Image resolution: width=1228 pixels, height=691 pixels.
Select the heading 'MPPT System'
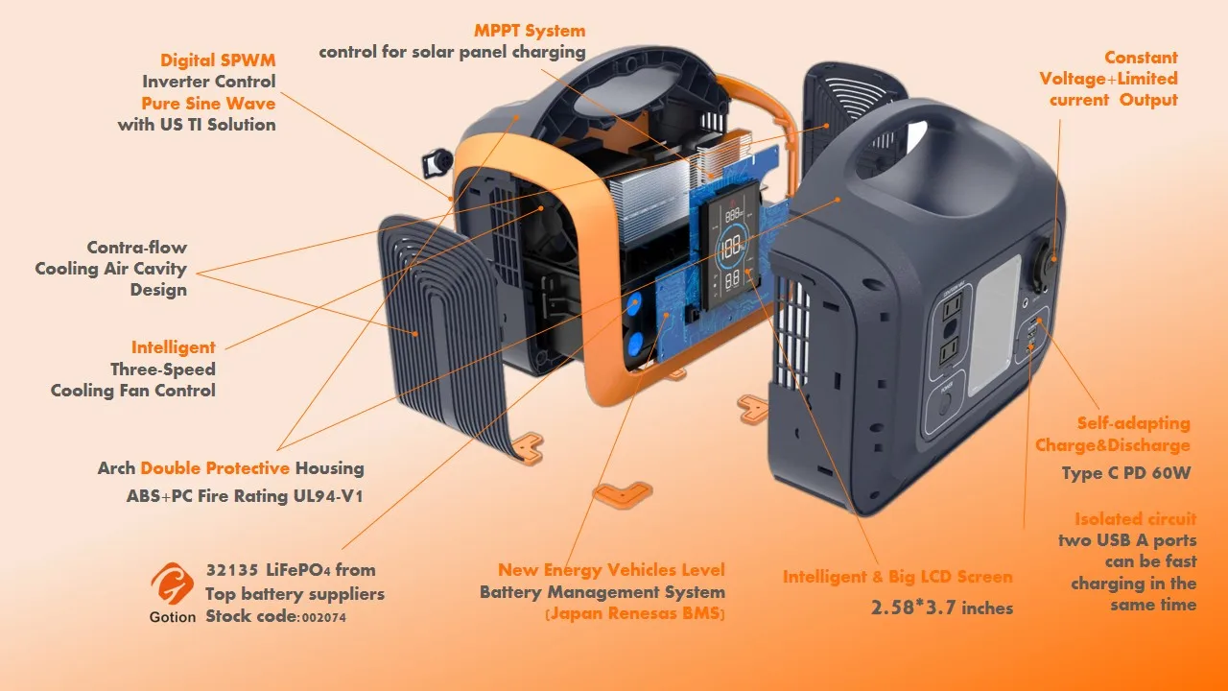point(530,31)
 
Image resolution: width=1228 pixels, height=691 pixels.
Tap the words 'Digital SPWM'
point(218,60)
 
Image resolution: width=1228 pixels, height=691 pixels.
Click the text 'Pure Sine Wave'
point(208,104)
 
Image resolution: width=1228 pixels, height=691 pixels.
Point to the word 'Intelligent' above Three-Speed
point(174,347)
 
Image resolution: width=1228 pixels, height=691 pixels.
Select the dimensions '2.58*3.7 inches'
point(941,608)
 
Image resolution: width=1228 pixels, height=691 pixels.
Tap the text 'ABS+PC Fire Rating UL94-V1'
point(245,496)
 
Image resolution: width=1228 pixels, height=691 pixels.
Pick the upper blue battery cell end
point(634,306)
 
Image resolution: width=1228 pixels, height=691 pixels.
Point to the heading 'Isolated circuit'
point(1135,519)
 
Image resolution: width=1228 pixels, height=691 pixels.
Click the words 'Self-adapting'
point(1133,423)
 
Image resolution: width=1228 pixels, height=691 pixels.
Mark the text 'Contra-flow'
point(136,248)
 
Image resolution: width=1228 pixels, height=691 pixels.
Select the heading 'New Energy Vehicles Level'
point(611,571)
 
